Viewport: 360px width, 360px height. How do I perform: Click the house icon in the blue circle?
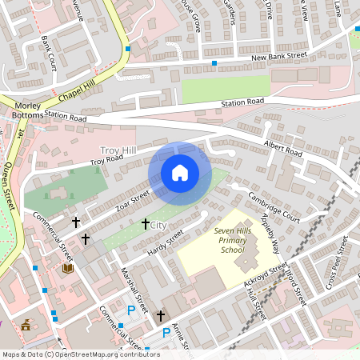point(179,173)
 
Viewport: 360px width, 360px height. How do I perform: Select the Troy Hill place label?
point(118,150)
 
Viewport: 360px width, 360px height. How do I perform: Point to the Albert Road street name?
point(283,149)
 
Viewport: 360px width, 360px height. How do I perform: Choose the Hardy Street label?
point(166,243)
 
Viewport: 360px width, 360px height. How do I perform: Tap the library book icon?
point(67,270)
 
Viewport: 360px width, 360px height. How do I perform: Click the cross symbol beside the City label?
point(145,225)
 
